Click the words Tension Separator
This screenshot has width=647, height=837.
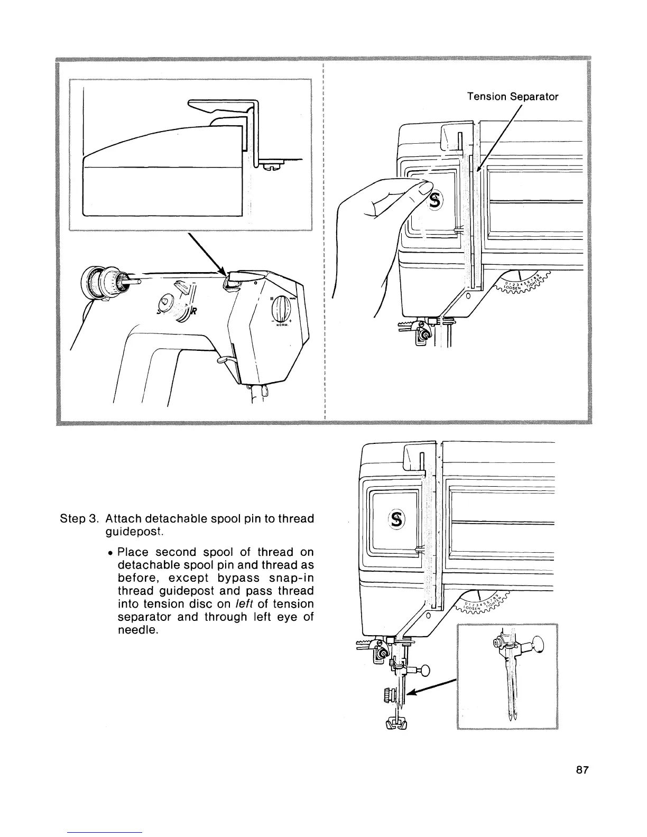click(x=512, y=97)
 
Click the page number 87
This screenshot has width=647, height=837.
click(x=582, y=770)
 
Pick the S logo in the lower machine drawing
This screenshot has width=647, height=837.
click(x=397, y=520)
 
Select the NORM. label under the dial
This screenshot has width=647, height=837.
click(x=282, y=325)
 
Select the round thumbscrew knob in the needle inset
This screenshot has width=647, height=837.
click(x=538, y=644)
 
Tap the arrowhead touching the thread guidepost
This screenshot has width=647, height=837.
click(x=225, y=273)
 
